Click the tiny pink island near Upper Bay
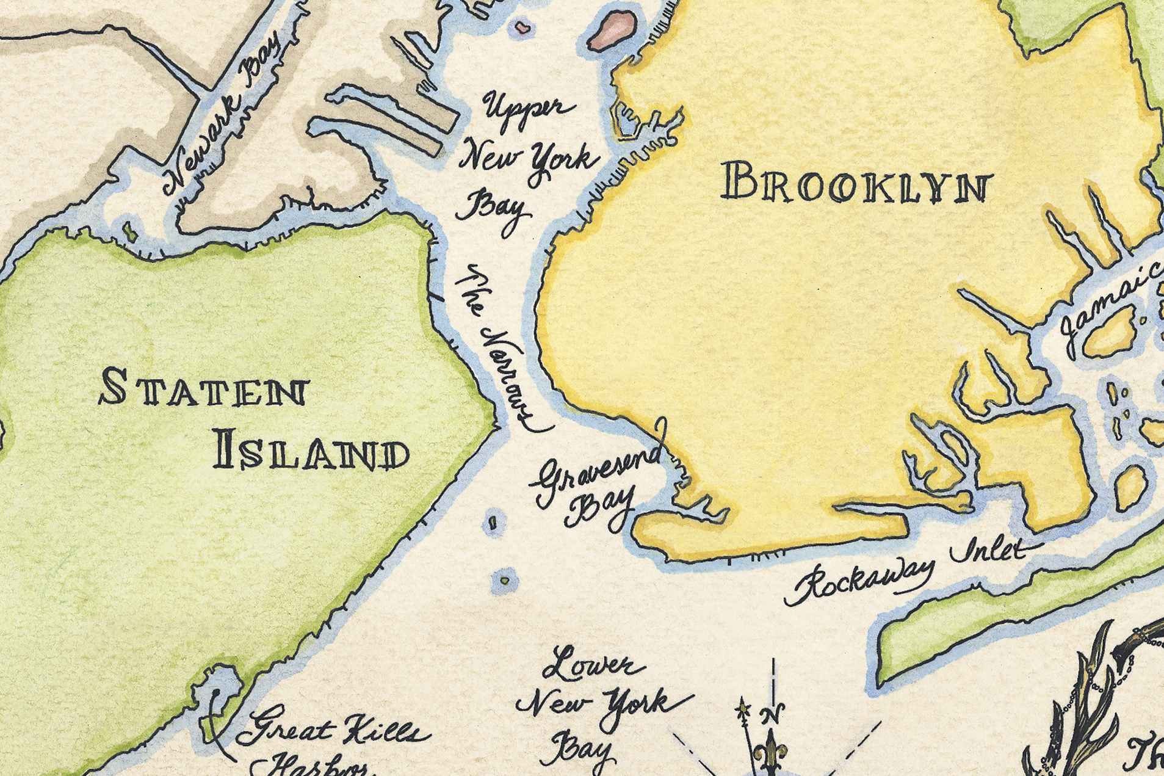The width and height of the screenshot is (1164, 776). (x=522, y=27)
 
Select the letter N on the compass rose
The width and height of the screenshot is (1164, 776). (x=773, y=713)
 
